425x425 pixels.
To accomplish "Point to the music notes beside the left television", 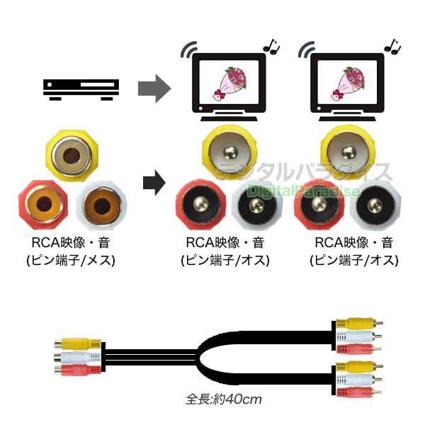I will coord(271,47).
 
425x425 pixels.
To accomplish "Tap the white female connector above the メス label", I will coord(101,205).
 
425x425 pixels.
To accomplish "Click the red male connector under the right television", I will coord(317,204).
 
